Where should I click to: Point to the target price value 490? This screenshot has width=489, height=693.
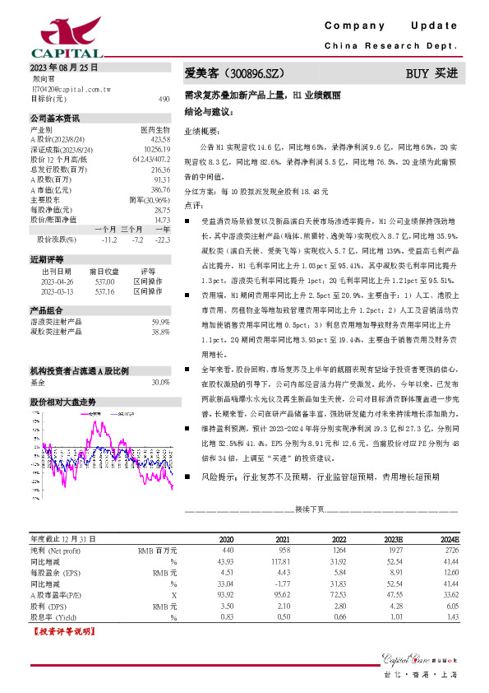pyautogui.click(x=164, y=98)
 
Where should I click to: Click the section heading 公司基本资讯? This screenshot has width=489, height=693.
pyautogui.click(x=55, y=118)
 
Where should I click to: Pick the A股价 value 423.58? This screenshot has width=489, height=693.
pyautogui.click(x=159, y=137)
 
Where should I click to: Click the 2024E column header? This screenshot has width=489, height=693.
pyautogui.click(x=449, y=537)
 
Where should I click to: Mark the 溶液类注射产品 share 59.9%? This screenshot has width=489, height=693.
pyautogui.click(x=160, y=322)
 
